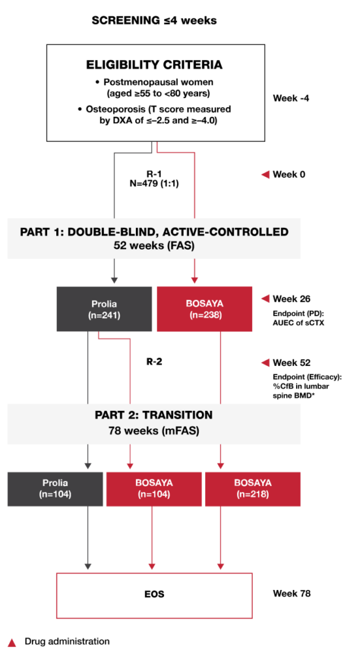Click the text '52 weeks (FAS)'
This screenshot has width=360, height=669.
tap(154, 245)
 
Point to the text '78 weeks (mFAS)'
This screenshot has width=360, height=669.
tap(154, 431)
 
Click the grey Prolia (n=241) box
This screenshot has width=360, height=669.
tap(104, 309)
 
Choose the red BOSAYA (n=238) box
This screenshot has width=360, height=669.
tap(205, 309)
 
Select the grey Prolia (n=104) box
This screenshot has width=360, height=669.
tap(55, 489)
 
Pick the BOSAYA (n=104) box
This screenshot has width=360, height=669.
tap(154, 489)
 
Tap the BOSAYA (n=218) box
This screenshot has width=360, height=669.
tap(252, 489)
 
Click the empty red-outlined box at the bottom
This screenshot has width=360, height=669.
tap(154, 595)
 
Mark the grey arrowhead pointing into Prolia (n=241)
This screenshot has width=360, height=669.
tap(114, 280)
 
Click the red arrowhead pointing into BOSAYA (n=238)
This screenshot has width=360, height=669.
tap(194, 280)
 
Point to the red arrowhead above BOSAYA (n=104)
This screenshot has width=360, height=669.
tap(130, 466)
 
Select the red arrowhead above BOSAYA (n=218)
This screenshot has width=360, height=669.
tap(220, 466)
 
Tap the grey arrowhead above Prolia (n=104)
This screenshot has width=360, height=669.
tap(88, 466)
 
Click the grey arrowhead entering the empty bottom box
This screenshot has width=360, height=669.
tap(88, 566)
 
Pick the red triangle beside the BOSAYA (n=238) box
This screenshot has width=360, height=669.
tap(265, 299)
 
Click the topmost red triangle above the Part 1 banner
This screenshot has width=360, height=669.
tap(265, 174)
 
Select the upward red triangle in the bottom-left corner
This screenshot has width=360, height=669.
tap(12, 643)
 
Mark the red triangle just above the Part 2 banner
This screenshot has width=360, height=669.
tap(265, 363)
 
